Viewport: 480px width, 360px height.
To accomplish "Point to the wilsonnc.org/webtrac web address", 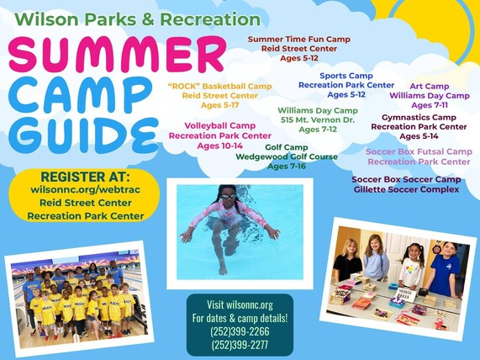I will (85, 190).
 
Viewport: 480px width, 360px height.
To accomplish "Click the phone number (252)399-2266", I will (240, 331).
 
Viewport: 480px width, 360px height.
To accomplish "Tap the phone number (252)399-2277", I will (240, 344).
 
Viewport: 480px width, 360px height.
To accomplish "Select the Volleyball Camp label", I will (220, 125).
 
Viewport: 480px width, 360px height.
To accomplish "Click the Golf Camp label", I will (287, 146).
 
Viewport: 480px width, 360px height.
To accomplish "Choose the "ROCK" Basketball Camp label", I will (219, 86).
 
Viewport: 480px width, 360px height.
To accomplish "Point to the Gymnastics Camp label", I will (419, 117).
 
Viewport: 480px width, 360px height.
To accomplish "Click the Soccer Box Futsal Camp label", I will (419, 151).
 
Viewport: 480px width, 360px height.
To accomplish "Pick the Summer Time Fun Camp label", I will (298, 39).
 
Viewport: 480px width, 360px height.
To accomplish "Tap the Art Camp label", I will (429, 86).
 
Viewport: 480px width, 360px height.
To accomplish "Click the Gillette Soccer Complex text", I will (407, 189).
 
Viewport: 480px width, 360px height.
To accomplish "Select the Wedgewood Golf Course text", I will (287, 156).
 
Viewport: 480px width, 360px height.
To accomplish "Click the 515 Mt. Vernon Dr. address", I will (318, 119).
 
